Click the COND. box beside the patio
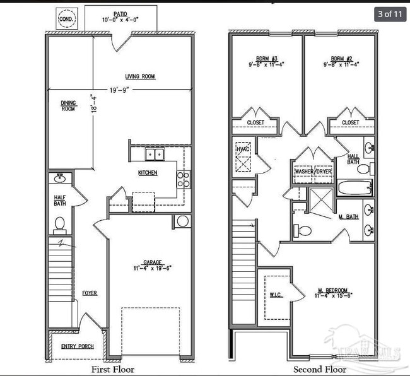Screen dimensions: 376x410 pyautogui.click(x=66, y=19)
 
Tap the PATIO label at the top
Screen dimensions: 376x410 pyautogui.click(x=120, y=13)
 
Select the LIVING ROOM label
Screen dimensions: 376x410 pyautogui.click(x=139, y=77)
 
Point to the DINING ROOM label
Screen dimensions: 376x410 pyautogui.click(x=69, y=106)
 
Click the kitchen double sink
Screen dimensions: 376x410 pyautogui.click(x=153, y=153)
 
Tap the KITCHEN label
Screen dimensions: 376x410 pyautogui.click(x=148, y=172)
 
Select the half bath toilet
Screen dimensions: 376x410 pyautogui.click(x=60, y=223)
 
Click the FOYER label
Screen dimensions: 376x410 pyautogui.click(x=90, y=293)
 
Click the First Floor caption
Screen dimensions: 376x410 pyautogui.click(x=113, y=369)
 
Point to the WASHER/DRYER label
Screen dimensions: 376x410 pyautogui.click(x=313, y=171)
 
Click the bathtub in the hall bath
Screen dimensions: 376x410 pyautogui.click(x=354, y=188)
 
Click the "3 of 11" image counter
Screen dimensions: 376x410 pyautogui.click(x=390, y=13)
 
